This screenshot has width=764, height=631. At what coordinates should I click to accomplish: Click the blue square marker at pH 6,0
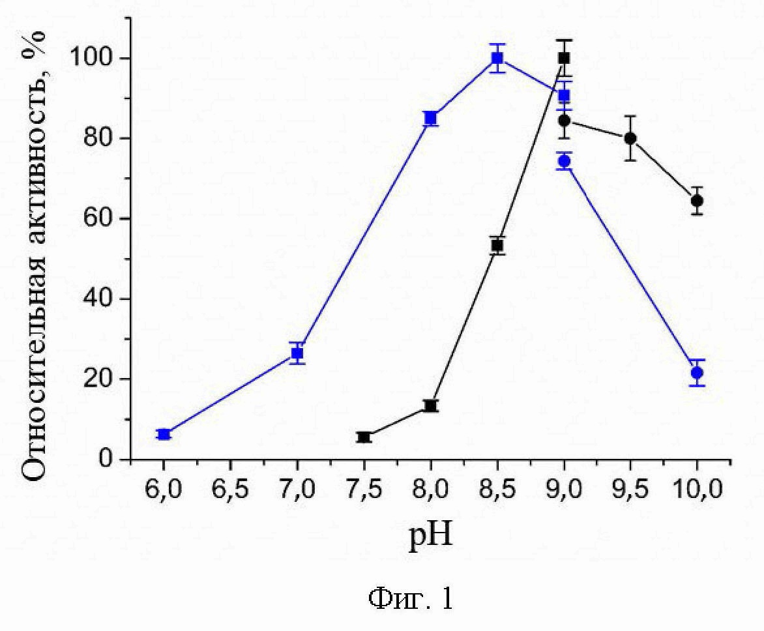[164, 434]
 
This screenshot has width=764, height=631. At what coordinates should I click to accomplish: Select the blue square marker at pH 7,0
[297, 353]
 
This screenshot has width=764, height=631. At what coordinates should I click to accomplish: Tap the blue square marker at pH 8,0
[430, 118]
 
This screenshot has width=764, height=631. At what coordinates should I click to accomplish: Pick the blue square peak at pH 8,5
[497, 58]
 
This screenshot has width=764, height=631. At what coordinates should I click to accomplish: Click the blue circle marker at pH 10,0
[697, 373]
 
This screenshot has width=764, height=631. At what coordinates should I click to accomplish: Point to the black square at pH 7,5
[364, 437]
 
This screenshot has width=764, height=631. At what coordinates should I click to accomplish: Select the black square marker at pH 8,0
[430, 405]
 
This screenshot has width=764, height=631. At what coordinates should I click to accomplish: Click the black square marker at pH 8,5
[497, 245]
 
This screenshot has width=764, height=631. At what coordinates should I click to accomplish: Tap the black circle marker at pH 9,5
[630, 138]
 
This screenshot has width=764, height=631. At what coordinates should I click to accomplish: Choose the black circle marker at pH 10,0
[697, 200]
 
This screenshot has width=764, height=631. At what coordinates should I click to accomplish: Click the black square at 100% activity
[564, 58]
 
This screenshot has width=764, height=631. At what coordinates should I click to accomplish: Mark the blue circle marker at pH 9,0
[564, 161]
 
